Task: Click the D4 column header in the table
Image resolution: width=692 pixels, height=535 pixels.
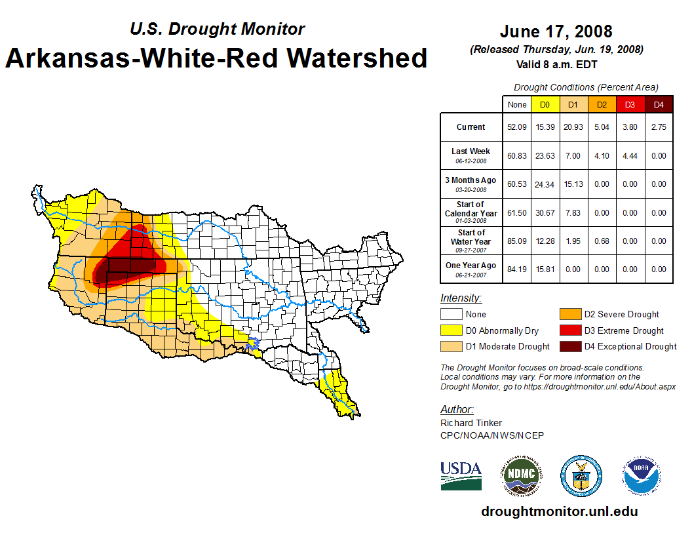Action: tap(659, 105)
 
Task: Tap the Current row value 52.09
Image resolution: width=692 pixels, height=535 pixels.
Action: tap(517, 127)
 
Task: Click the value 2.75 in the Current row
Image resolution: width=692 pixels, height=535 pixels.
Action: tap(659, 127)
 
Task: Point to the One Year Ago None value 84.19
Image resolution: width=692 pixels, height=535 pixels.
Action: tap(517, 269)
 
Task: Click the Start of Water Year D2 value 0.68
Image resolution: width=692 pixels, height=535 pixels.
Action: tap(602, 241)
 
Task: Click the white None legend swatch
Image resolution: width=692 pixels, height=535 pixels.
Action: tap(451, 315)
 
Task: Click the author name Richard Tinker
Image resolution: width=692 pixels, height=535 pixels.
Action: tap(471, 423)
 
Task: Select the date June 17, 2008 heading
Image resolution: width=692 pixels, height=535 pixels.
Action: tap(556, 31)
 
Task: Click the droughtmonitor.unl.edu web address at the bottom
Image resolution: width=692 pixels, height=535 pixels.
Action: tap(559, 511)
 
